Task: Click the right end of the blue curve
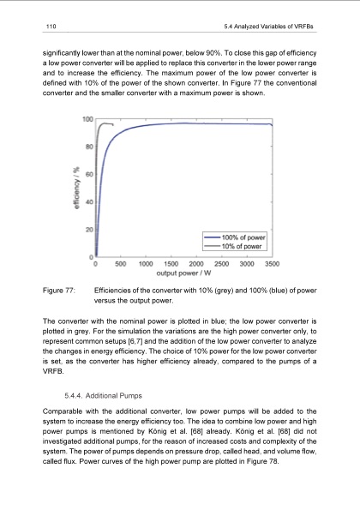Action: (272, 125)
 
